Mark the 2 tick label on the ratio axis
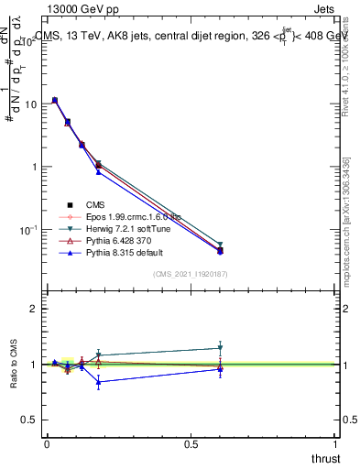pyautogui.click(x=33, y=309)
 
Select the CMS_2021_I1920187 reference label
pyautogui.click(x=191, y=274)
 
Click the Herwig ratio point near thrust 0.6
pyautogui.click(x=220, y=348)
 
